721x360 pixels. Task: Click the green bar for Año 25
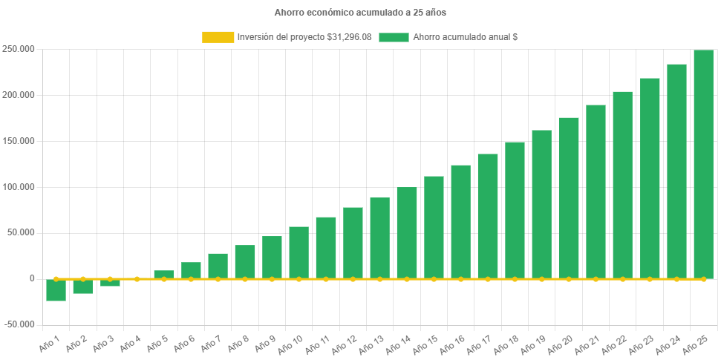703,163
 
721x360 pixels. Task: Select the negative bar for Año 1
56,290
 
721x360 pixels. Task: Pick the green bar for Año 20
569,197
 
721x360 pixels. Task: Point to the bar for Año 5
164,274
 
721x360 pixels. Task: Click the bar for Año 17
488,215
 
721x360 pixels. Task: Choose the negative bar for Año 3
110,283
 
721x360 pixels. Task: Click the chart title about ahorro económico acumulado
360,13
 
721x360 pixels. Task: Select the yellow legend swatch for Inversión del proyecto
217,37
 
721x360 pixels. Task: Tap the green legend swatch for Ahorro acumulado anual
394,37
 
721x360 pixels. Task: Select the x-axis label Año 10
290,344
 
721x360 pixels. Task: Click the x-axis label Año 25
694,344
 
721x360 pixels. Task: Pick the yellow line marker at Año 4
137,279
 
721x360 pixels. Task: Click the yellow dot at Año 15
434,279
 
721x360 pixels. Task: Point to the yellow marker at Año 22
622,279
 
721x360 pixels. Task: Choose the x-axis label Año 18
506,344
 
